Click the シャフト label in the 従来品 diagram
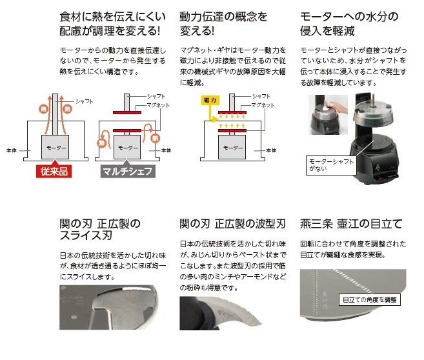click(x=85, y=102)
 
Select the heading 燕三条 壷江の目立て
click(x=350, y=224)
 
